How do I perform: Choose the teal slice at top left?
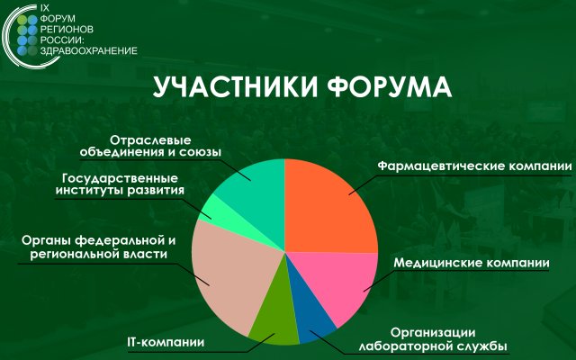[x=253, y=184]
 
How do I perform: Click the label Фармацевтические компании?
[x=474, y=166]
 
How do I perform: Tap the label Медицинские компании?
[x=472, y=263]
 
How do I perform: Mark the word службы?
[x=481, y=346]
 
